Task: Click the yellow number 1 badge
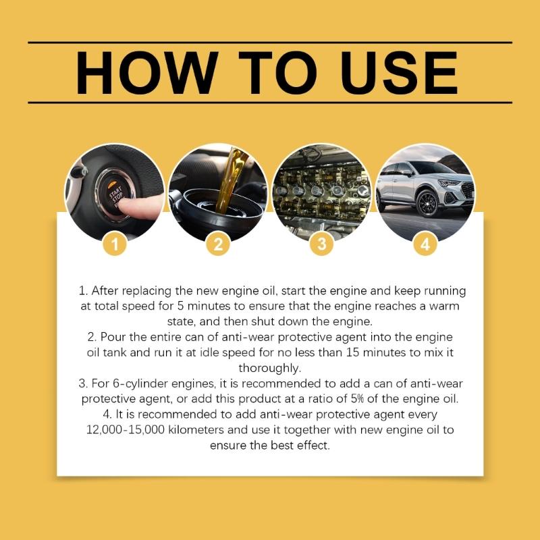pyautogui.click(x=115, y=245)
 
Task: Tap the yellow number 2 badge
pyautogui.click(x=218, y=245)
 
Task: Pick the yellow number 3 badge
pyautogui.click(x=321, y=245)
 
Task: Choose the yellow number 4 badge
pyautogui.click(x=425, y=245)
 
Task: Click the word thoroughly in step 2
pyautogui.click(x=270, y=368)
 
